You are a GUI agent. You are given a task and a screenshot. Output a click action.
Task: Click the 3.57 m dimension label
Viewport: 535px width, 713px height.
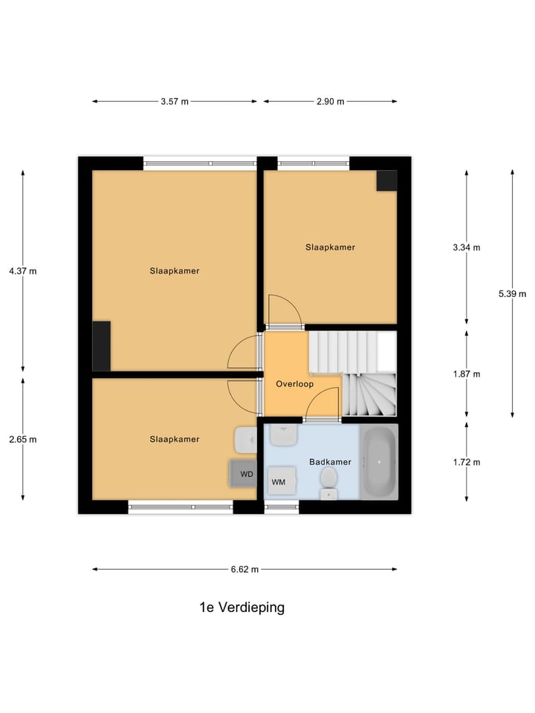point(174,102)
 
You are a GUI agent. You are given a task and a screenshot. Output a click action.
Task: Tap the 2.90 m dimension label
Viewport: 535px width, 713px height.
point(330,102)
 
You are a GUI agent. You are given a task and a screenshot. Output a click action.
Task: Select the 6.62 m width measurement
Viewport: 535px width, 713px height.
point(244,570)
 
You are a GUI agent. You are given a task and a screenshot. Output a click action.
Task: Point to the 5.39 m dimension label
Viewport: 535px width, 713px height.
point(512,293)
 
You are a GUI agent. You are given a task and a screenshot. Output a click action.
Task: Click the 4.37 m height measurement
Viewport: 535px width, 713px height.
point(22,271)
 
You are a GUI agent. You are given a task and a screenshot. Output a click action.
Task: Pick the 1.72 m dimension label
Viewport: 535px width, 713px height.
point(467,462)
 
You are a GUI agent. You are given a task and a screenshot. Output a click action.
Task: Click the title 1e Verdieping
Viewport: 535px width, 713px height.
point(241,608)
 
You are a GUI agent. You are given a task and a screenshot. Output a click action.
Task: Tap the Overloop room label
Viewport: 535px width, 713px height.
point(294,385)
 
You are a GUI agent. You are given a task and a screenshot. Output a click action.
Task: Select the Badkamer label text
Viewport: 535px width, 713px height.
point(330,462)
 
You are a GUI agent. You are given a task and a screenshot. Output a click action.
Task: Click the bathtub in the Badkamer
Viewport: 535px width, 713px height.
point(380,461)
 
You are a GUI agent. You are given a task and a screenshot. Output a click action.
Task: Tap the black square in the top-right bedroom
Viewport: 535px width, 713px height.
point(386,181)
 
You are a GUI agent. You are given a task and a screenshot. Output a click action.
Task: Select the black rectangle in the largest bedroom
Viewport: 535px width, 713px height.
point(102,346)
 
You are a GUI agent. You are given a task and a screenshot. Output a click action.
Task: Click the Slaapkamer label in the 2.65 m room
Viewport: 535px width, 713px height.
point(175,440)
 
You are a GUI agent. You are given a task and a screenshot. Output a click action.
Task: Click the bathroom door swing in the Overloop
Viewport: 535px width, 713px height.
point(322,405)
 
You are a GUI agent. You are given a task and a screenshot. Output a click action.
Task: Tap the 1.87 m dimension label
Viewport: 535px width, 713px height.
point(467,374)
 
